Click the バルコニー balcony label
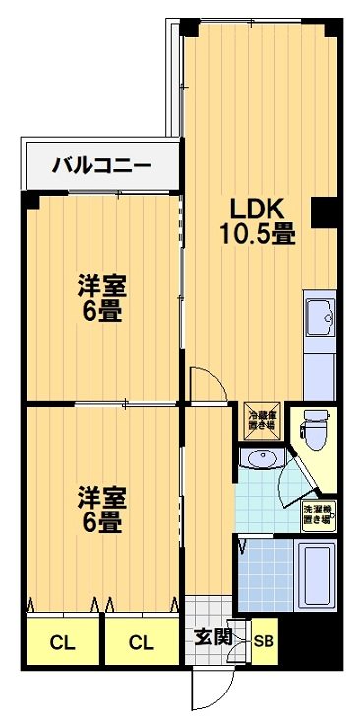pos(102,165)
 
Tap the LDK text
pos(258,209)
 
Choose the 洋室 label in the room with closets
pos(102,495)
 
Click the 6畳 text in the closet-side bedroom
pos(102,521)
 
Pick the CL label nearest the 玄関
pos(142,644)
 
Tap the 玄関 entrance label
pos(212,635)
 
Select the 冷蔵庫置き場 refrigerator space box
pos(262,420)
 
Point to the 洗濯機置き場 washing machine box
pos(317,514)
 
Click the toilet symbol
pos(316,429)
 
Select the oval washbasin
pos(260,459)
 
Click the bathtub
pos(315,576)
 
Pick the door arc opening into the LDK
pos(204,384)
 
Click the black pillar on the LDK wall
pos(323,210)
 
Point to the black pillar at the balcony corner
pos(30,200)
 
